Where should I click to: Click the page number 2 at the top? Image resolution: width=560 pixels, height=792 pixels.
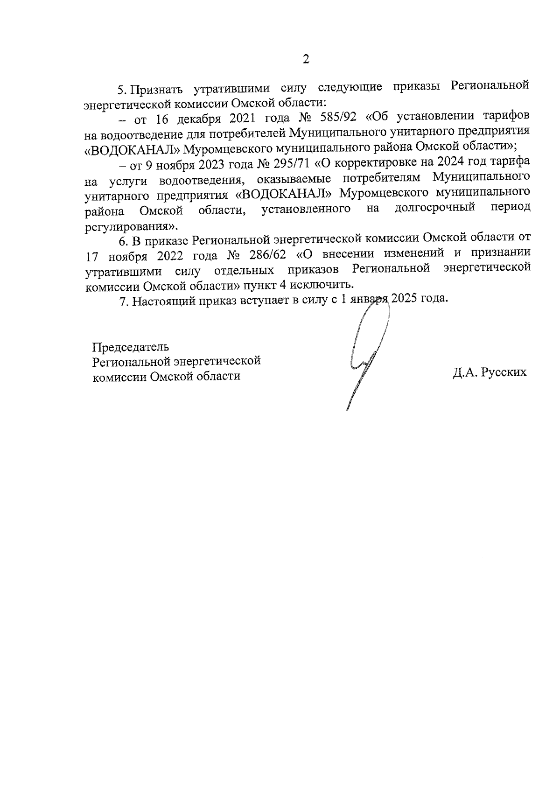pyautogui.click(x=306, y=59)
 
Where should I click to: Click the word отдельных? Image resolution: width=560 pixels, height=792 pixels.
pyautogui.click(x=244, y=270)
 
